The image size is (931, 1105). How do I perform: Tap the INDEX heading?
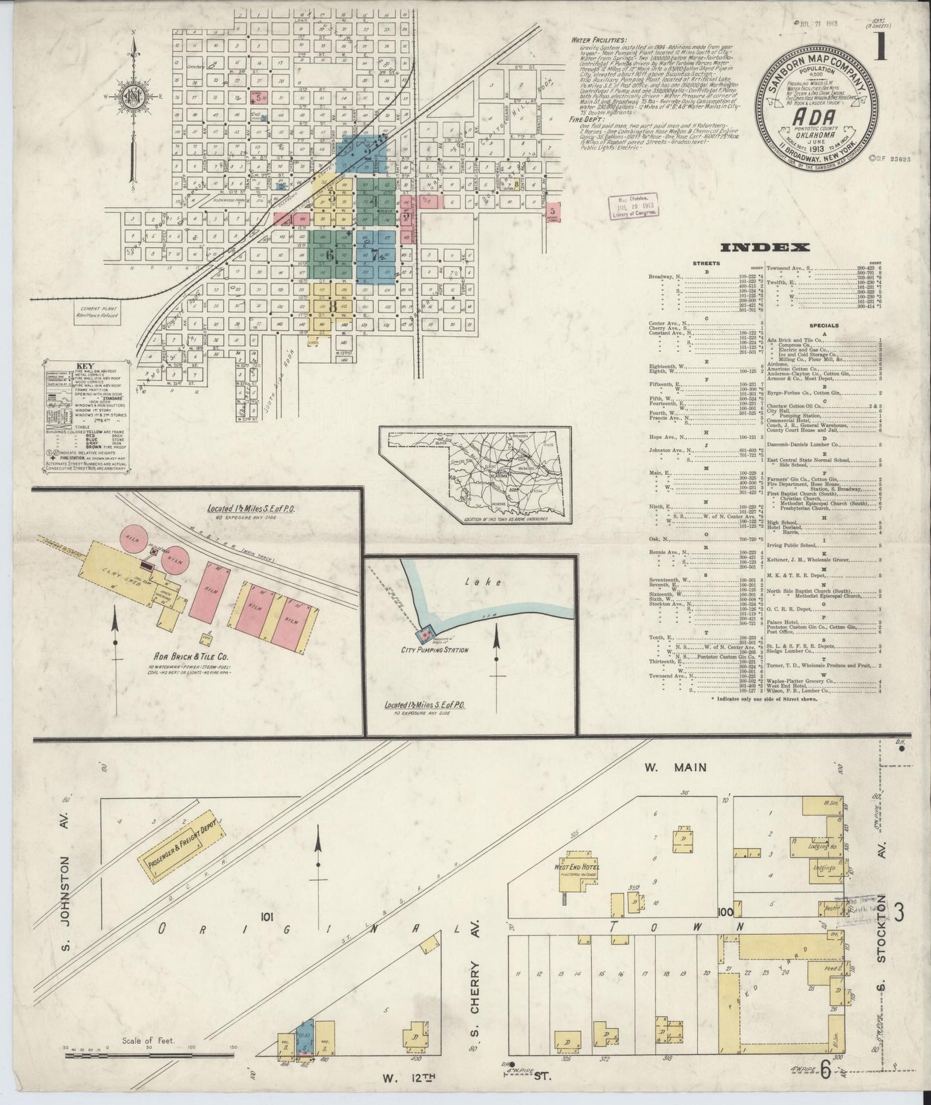pyautogui.click(x=764, y=247)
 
